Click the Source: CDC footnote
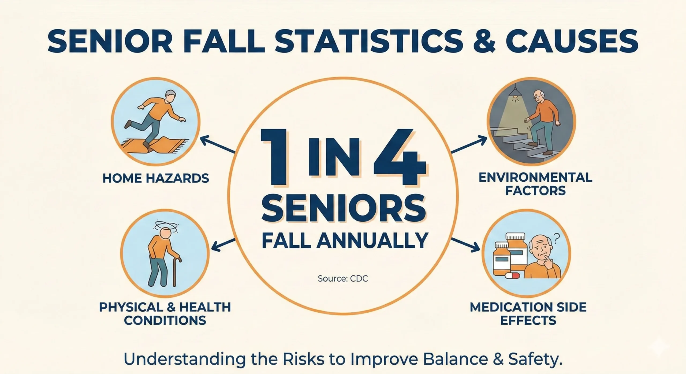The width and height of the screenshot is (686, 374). point(343,279)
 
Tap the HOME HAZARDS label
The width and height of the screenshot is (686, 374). point(156,178)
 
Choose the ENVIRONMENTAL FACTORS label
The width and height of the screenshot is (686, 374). point(535,184)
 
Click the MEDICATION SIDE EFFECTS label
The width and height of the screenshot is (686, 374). point(528,314)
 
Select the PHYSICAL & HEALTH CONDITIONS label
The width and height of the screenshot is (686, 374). point(165,314)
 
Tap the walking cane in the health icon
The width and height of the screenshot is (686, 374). point(176,271)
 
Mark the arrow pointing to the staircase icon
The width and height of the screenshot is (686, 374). point(469,145)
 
